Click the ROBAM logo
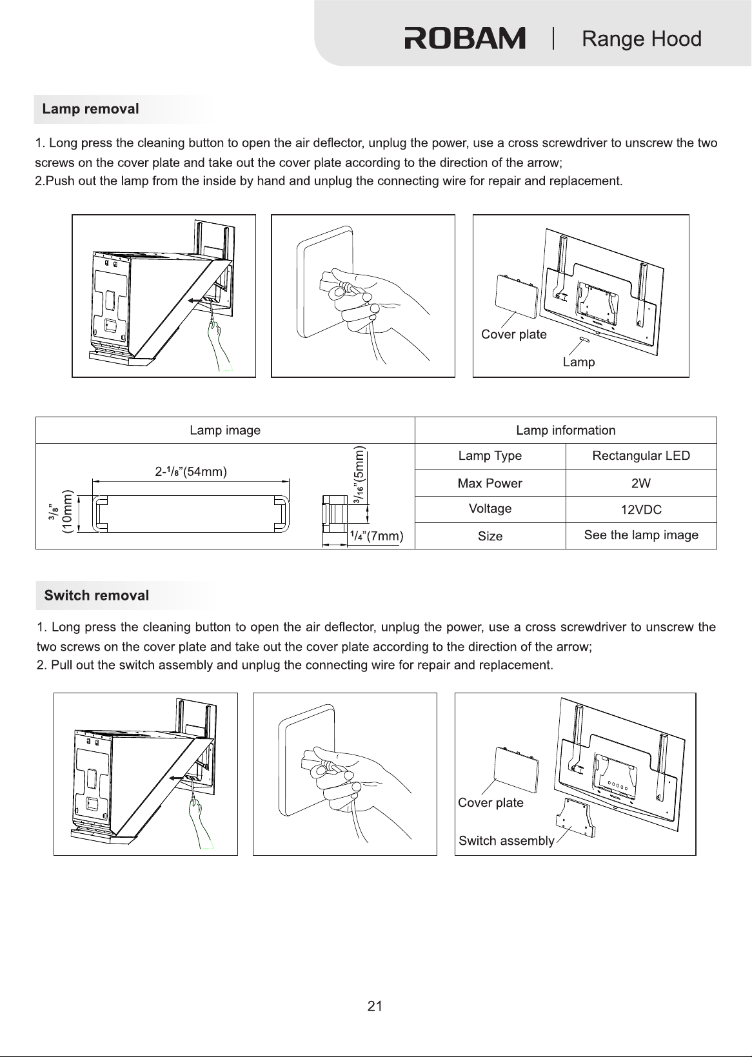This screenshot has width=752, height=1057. pyautogui.click(x=465, y=38)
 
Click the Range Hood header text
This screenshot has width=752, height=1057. pyautogui.click(x=642, y=39)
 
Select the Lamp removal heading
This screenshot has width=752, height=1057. pyautogui.click(x=90, y=109)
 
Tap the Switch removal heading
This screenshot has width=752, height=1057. pyautogui.click(x=97, y=595)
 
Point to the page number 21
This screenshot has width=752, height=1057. pyautogui.click(x=375, y=1007)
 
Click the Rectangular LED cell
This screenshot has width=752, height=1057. pyautogui.click(x=641, y=456)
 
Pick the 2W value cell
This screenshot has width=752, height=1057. pyautogui.click(x=641, y=483)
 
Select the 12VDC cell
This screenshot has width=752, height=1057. pyautogui.click(x=641, y=509)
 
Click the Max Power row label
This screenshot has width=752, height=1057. pyautogui.click(x=490, y=483)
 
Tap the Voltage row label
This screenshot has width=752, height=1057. pyautogui.click(x=490, y=509)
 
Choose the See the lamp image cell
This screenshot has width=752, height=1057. pyautogui.click(x=641, y=535)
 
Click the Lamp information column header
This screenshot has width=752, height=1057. pyautogui.click(x=566, y=430)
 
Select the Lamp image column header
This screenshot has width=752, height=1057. pyautogui.click(x=225, y=430)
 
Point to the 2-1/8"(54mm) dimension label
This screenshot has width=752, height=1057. pyautogui.click(x=191, y=471)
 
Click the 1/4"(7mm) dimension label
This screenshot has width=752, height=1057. pyautogui.click(x=377, y=536)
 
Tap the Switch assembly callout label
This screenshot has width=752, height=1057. pyautogui.click(x=506, y=841)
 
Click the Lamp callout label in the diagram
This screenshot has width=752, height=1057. pyautogui.click(x=579, y=362)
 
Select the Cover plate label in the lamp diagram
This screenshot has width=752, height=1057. pyautogui.click(x=514, y=335)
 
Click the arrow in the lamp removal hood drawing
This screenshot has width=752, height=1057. pyautogui.click(x=197, y=300)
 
